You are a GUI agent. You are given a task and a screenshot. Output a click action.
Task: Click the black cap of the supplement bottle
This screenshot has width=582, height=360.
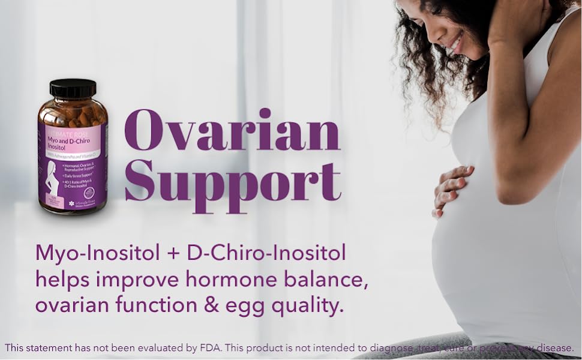[x=73, y=88]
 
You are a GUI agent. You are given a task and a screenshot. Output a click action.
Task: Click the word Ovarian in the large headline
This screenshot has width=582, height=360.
[x=232, y=131]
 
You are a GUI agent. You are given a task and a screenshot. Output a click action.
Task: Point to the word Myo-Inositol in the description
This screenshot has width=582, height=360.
[x=97, y=253]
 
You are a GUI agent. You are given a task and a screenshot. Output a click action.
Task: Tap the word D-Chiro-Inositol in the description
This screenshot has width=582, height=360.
[x=266, y=253]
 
